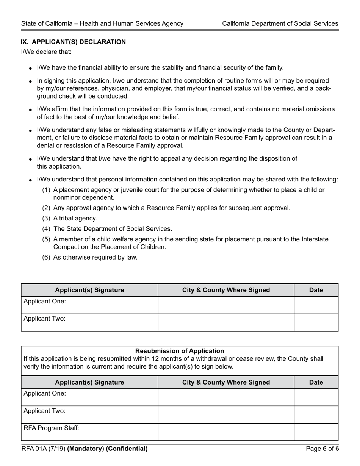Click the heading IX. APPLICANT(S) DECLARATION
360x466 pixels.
pyautogui.click(x=73, y=42)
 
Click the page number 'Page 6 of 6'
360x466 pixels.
pyautogui.click(x=322, y=449)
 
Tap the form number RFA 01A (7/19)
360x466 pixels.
pyautogui.click(x=43, y=449)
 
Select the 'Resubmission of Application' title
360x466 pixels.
pyautogui.click(x=180, y=351)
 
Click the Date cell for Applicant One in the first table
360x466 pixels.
pyautogui.click(x=316, y=305)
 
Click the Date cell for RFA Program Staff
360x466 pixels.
pyautogui.click(x=316, y=432)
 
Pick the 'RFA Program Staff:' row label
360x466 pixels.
pyautogui.click(x=52, y=428)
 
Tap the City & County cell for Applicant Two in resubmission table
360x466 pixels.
pyautogui.click(x=226, y=414)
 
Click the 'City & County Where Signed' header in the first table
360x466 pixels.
pyautogui.click(x=226, y=290)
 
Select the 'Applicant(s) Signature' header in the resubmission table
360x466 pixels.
pyautogui.click(x=89, y=382)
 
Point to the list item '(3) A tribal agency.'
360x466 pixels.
pyautogui.click(x=69, y=219)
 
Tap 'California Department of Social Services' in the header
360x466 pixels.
pyautogui.click(x=280, y=23)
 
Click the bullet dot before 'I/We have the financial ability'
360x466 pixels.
pyautogui.click(x=30, y=69)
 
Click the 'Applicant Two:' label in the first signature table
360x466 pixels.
pyautogui.click(x=45, y=319)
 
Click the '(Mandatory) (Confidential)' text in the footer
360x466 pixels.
pyautogui.click(x=107, y=449)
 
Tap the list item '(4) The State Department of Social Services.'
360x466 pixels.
pyautogui.click(x=107, y=229)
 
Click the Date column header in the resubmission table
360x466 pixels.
pyautogui.click(x=316, y=382)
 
